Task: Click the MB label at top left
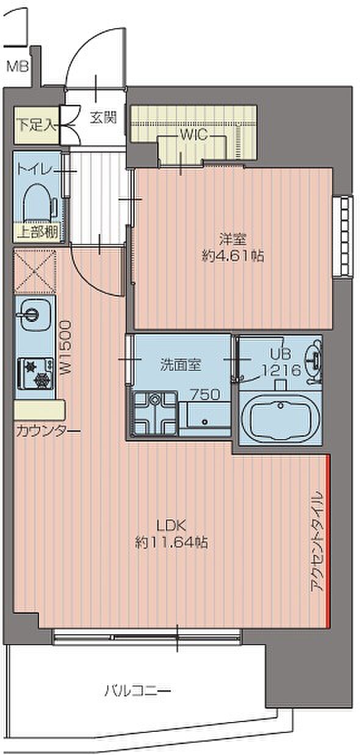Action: coord(18,66)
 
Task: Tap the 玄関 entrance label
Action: coord(103,118)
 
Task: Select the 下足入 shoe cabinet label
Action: coord(37,126)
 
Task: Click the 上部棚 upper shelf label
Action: coord(38,232)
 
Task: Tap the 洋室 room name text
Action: coord(232,240)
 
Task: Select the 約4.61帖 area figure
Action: coord(233,257)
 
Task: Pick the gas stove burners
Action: coord(36,373)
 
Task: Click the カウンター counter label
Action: coord(48,431)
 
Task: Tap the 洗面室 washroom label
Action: coord(181,365)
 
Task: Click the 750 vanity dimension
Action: coord(205,395)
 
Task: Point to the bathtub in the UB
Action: coord(280,417)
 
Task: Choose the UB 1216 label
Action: coord(281,363)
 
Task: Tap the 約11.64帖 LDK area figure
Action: coord(171,543)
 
